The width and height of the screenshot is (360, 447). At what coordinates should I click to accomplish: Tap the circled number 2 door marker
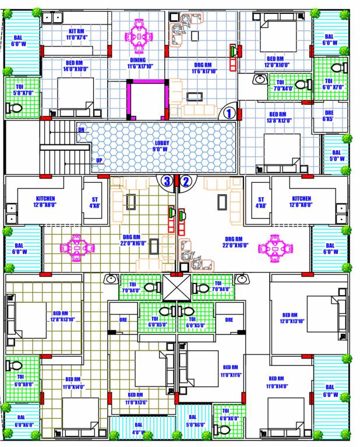(186, 181)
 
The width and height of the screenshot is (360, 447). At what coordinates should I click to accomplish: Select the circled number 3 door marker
(167, 181)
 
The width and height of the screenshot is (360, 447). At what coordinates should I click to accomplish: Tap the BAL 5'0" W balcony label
(337, 155)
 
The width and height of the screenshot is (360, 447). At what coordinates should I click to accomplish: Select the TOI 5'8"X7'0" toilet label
(23, 90)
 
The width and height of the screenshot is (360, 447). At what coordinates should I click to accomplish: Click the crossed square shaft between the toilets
(177, 286)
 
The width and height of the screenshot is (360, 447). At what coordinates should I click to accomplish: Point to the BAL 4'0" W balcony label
(138, 428)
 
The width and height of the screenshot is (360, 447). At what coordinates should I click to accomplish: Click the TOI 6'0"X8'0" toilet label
(24, 381)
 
